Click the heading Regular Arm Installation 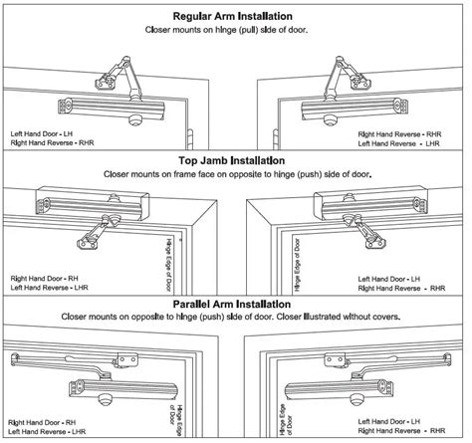click(233, 16)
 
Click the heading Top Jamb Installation click(232, 161)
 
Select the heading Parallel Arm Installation click(232, 304)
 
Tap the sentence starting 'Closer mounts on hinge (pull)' click(226, 30)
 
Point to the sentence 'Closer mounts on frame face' click(237, 174)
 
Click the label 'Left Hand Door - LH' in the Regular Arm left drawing click(42, 134)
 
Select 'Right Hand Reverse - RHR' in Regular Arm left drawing click(52, 143)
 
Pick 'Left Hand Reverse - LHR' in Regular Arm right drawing click(398, 143)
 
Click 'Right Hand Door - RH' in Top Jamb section click(45, 279)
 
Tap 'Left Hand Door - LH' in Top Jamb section click(389, 279)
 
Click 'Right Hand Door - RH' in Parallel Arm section click(42, 423)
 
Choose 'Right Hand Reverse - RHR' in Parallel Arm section click(401, 431)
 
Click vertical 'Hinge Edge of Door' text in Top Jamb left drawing click(168, 265)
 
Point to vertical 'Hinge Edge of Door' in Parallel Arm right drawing click(286, 419)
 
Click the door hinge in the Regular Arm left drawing click(189, 138)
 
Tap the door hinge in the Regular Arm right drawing click(276, 139)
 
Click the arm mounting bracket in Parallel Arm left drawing click(126, 360)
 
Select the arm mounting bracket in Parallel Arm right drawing click(336, 360)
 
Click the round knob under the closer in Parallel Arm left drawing click(106, 399)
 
